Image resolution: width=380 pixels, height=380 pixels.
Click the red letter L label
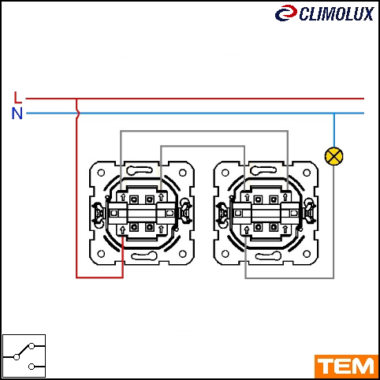(x=17, y=97)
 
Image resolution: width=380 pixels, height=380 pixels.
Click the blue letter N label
(x=17, y=114)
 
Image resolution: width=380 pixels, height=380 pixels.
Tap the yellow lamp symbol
(x=334, y=156)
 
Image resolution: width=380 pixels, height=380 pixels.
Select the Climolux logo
(x=325, y=13)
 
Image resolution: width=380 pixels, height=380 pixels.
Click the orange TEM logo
(x=346, y=367)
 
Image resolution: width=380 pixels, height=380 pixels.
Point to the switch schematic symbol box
(x=24, y=356)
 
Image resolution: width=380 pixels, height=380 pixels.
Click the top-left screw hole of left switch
(x=101, y=173)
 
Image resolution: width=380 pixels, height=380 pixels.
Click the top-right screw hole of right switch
(x=307, y=173)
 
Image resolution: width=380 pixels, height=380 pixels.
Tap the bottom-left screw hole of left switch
(x=101, y=254)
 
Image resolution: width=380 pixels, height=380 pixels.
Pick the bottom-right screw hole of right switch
(x=307, y=254)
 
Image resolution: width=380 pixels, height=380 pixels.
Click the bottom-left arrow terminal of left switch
(x=122, y=230)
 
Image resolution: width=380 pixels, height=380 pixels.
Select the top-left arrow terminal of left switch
(x=123, y=197)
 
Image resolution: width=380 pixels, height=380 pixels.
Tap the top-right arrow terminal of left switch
(x=161, y=197)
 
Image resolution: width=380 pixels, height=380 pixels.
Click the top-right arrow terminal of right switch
(x=285, y=197)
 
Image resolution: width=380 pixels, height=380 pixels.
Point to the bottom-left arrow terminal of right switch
(x=247, y=230)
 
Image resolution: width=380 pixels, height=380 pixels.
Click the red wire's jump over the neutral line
(x=77, y=114)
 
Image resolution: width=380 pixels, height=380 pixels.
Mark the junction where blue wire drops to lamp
(x=334, y=114)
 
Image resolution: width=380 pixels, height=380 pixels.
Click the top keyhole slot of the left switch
(x=140, y=171)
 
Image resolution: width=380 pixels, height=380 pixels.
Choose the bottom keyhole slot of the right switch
(x=268, y=255)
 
